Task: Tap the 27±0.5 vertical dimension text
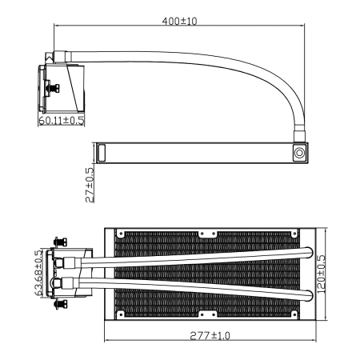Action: point(90,183)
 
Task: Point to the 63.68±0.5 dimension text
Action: point(38,274)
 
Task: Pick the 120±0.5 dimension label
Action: point(321,274)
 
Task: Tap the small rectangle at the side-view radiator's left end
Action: point(101,152)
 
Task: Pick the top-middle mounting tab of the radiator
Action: point(209,234)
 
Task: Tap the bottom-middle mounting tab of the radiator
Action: point(209,313)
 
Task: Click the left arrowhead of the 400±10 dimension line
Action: point(57,26)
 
